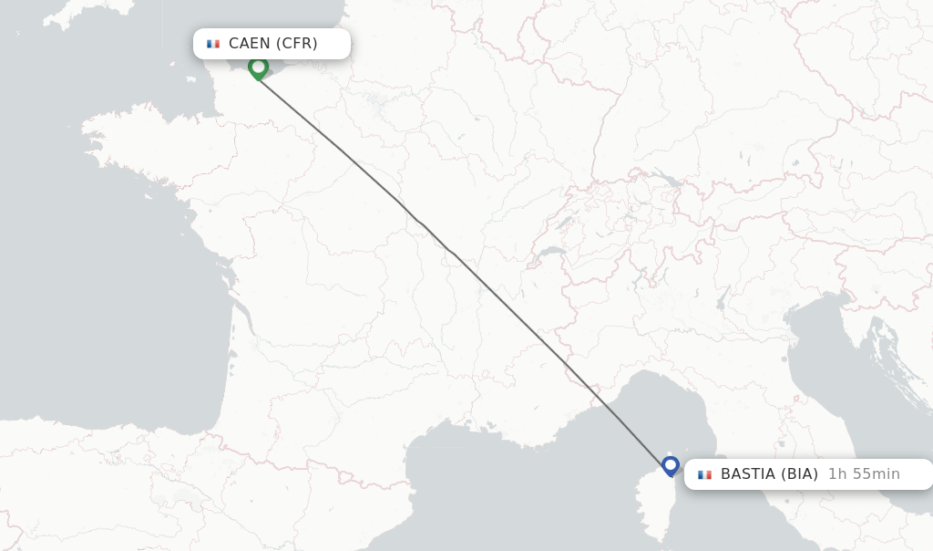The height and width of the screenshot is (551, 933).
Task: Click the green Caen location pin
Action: coord(258,68)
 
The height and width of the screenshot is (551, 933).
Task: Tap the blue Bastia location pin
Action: coord(671,465)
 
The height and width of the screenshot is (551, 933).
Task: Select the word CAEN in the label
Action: coord(249,44)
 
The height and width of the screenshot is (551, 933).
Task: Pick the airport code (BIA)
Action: coord(798,474)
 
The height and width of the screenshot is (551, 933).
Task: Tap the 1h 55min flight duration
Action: coord(864,474)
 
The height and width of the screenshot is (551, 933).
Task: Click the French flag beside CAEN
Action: coord(213,44)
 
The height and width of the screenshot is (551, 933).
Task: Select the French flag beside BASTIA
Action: coord(704,474)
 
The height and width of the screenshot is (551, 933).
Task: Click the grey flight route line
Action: coord(456,256)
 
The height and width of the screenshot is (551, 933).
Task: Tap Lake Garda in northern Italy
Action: coord(722,298)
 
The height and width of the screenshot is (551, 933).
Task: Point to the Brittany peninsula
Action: coord(137,146)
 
